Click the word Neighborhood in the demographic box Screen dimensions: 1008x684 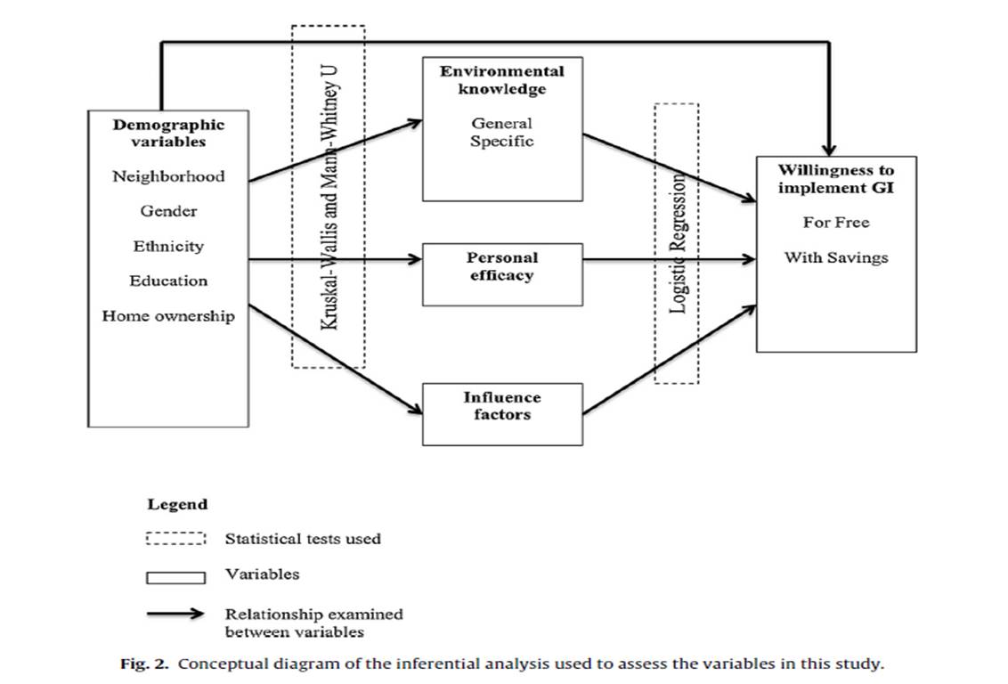pyautogui.click(x=168, y=176)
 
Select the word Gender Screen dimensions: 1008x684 pyautogui.click(x=168, y=211)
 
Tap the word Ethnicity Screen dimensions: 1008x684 pyautogui.click(x=168, y=246)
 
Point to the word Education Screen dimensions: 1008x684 pyautogui.click(x=168, y=281)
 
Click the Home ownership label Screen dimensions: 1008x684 pyautogui.click(x=168, y=315)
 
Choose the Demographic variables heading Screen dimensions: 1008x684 pyautogui.click(x=168, y=133)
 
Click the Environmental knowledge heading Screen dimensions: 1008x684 pyautogui.click(x=502, y=80)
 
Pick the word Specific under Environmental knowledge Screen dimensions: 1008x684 pyautogui.click(x=502, y=142)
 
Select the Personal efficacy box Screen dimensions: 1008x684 pyautogui.click(x=503, y=274)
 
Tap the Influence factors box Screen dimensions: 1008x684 pyautogui.click(x=503, y=414)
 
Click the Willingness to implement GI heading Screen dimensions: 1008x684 pyautogui.click(x=836, y=179)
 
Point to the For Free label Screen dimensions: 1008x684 pyautogui.click(x=836, y=223)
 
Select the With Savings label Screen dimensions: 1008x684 pyautogui.click(x=836, y=257)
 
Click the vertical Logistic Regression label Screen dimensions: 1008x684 pyautogui.click(x=679, y=243)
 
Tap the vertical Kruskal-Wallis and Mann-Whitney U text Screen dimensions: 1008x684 pyautogui.click(x=329, y=198)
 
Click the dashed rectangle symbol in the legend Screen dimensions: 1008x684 pyautogui.click(x=175, y=538)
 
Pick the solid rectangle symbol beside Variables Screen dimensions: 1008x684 pyautogui.click(x=175, y=578)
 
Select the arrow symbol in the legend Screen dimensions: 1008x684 pyautogui.click(x=175, y=614)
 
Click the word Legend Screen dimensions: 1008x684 pyautogui.click(x=177, y=505)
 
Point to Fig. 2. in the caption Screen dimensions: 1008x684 pyautogui.click(x=144, y=664)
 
